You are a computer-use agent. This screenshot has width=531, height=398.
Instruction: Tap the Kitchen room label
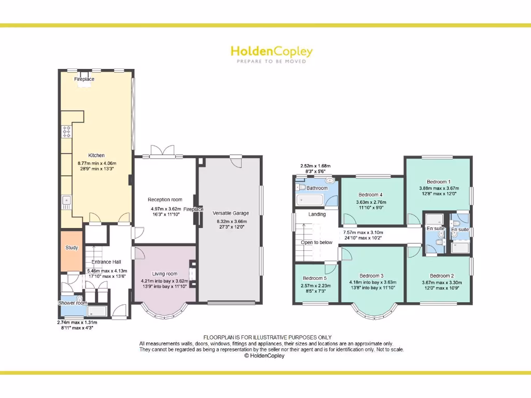click(x=96, y=155)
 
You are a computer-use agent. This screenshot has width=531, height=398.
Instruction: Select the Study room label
click(x=72, y=248)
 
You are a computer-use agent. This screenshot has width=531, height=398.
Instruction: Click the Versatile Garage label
click(x=231, y=213)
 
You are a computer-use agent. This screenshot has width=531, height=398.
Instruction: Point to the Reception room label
click(x=165, y=200)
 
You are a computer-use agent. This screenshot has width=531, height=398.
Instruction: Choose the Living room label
click(x=164, y=274)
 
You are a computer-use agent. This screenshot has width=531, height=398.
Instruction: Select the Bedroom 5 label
click(x=315, y=278)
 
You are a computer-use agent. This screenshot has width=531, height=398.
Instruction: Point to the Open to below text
click(x=316, y=242)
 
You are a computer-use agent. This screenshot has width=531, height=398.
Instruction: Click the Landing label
click(x=317, y=214)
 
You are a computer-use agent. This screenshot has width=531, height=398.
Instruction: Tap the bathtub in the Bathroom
click(x=309, y=200)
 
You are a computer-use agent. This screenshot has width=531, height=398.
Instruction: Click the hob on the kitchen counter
click(x=66, y=132)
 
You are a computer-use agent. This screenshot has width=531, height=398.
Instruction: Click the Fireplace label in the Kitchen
click(x=84, y=79)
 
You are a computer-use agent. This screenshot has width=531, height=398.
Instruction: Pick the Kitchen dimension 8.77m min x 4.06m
click(x=96, y=163)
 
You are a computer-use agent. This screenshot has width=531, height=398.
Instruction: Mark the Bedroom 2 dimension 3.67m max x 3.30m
click(x=438, y=282)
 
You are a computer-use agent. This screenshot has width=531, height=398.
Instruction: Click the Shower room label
click(x=73, y=303)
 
